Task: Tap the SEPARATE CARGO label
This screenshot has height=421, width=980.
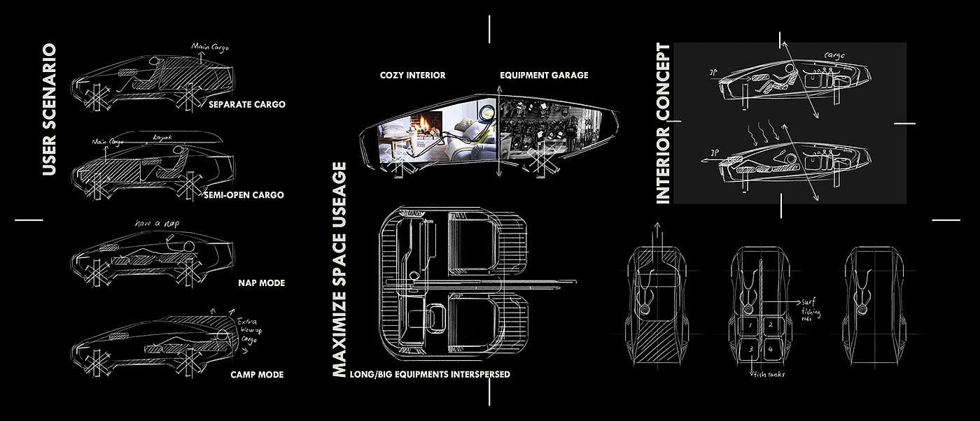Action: (x=247, y=105)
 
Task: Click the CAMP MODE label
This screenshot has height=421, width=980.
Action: (x=257, y=374)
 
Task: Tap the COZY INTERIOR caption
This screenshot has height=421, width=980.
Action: (x=412, y=75)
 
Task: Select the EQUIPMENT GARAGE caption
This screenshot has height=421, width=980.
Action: (x=544, y=75)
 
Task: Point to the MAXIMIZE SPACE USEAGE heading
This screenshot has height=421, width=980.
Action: (x=339, y=270)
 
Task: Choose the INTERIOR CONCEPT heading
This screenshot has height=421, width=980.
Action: (x=663, y=124)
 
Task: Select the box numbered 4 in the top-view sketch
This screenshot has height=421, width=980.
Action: (x=770, y=348)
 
